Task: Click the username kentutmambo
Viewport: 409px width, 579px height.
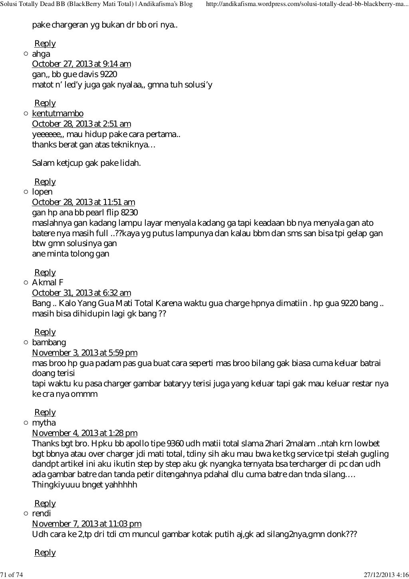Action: pyautogui.click(x=58, y=113)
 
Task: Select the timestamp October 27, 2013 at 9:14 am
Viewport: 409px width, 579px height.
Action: pyautogui.click(x=81, y=64)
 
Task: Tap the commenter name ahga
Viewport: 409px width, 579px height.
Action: pyautogui.click(x=41, y=54)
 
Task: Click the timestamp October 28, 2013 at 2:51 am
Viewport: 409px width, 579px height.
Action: pyautogui.click(x=81, y=124)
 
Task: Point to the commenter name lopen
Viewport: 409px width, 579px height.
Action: pyautogui.click(x=42, y=192)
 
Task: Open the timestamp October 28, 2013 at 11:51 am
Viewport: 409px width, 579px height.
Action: pyautogui.click(x=83, y=202)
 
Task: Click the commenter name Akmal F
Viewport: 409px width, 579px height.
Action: pyautogui.click(x=48, y=283)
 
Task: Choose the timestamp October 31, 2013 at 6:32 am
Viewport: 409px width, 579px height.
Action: pyautogui.click(x=81, y=293)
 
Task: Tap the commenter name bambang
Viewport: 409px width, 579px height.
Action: pyautogui.click(x=49, y=342)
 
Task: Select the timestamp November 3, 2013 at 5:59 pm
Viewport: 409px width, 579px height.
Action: pyautogui.click(x=84, y=353)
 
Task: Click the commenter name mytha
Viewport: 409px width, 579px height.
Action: pyautogui.click(x=44, y=423)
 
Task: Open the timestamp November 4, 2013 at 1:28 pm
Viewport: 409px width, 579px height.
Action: pyautogui.click(x=84, y=433)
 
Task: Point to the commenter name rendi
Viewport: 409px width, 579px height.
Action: pyautogui.click(x=41, y=513)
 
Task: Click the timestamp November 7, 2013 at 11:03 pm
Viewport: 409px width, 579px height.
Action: pyautogui.click(x=86, y=524)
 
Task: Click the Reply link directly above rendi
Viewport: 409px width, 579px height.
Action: pyautogui.click(x=45, y=503)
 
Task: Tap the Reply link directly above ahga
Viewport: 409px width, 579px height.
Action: pyautogui.click(x=45, y=44)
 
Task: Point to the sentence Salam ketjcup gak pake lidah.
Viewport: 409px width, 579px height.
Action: pyautogui.click(x=86, y=163)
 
